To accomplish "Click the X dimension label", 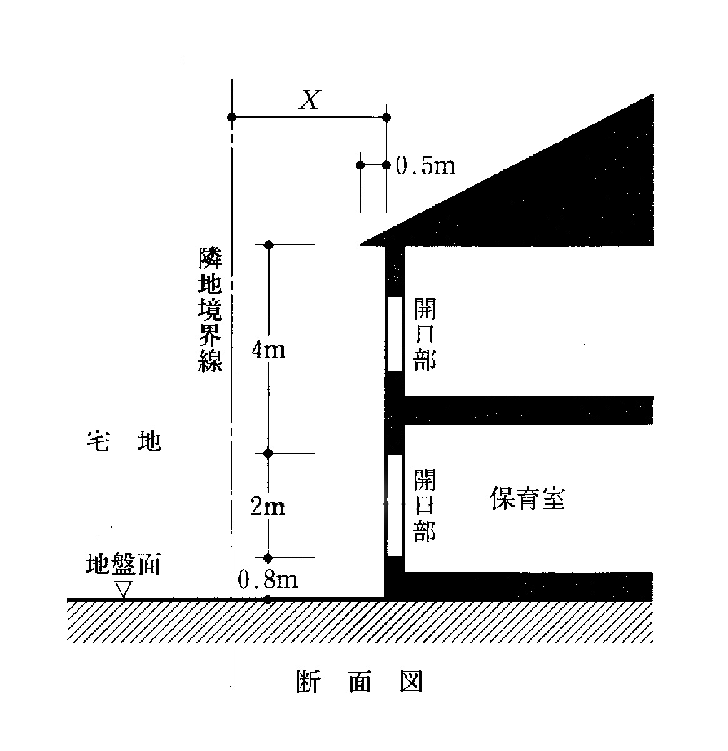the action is (310, 99).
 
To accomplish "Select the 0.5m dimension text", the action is (425, 166).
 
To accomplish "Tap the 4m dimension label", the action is (268, 350).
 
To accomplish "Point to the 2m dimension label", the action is (268, 506).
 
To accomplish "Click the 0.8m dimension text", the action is (268, 579).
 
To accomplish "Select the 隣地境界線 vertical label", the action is (210, 309).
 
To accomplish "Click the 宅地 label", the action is (123, 441).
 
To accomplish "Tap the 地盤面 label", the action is (123, 563).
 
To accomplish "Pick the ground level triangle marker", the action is (124, 589).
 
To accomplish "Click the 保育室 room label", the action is (528, 498).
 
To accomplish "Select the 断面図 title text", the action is (360, 681).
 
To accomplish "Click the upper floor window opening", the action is (395, 333).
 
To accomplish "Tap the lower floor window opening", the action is (395, 505).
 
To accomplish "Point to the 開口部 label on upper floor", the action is (425, 334).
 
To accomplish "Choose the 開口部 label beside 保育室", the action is (425, 505).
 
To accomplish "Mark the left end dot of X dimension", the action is (231, 117).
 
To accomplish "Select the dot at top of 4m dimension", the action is (269, 244).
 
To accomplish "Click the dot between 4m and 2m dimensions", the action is (268, 453).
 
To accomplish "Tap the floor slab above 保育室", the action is (528, 410).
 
